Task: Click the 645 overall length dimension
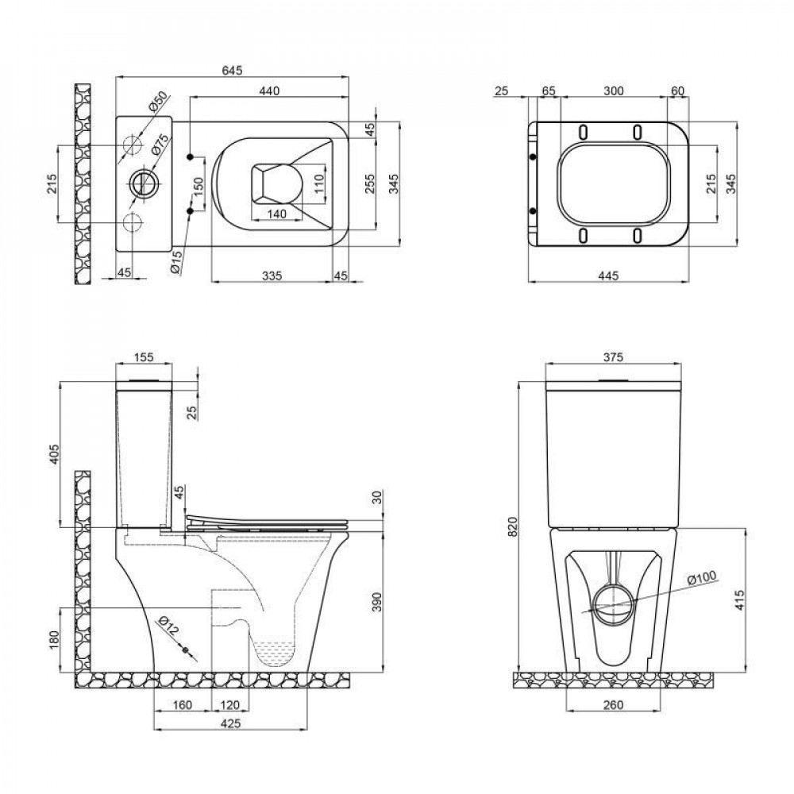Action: click(x=231, y=71)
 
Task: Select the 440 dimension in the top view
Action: click(x=270, y=91)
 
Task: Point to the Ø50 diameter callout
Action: click(x=159, y=102)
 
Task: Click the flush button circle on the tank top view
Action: click(x=144, y=183)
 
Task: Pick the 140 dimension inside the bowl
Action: click(x=276, y=214)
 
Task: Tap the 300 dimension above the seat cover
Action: click(x=611, y=91)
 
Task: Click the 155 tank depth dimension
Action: click(x=144, y=358)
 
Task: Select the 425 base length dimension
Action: click(x=229, y=723)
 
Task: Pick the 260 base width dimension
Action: click(x=612, y=704)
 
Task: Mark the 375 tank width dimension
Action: click(x=611, y=358)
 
